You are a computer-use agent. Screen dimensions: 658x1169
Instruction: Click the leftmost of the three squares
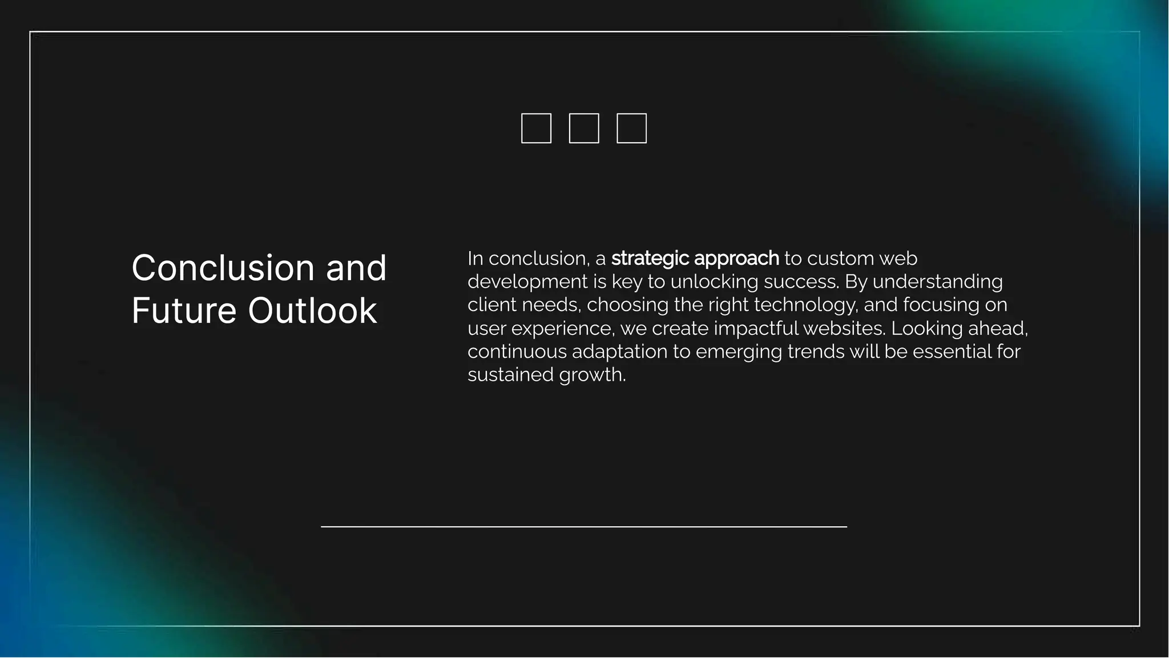coord(536,128)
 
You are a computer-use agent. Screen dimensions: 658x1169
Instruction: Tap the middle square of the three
coord(584,128)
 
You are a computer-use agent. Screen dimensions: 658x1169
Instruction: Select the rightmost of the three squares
coord(631,128)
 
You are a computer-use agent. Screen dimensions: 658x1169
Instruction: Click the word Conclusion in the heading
coord(223,268)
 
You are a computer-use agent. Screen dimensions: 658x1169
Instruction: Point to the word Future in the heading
coord(184,311)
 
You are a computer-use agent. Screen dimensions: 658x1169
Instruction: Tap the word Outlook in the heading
coord(312,311)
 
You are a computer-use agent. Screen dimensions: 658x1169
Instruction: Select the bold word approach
coord(736,259)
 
